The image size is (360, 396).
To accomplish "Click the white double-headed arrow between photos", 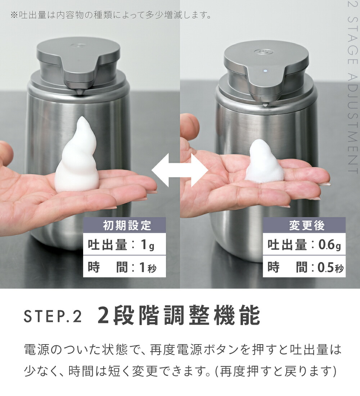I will pos(180,170).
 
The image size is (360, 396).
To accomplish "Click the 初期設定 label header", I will pos(125,225).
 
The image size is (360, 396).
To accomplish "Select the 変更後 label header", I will pos(304,225).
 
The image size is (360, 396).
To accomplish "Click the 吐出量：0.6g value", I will pos(304,245).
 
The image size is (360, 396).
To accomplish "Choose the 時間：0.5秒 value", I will pos(304,267).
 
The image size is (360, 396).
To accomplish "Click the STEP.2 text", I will pos(53,316).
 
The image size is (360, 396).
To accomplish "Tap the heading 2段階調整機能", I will pos(179,316).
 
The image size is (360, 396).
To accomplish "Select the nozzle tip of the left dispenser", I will pos(80,93).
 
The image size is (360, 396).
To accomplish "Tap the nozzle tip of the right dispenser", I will pos(265,104).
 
